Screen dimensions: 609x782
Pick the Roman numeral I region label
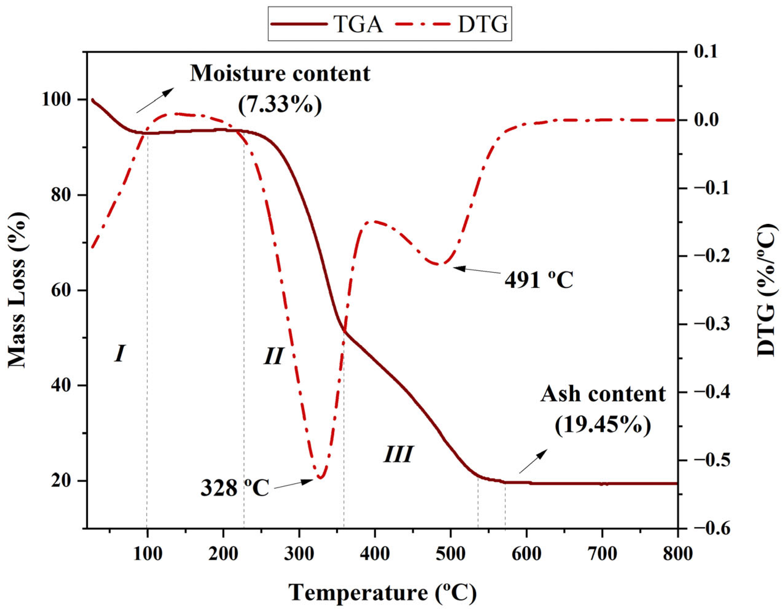click(120, 354)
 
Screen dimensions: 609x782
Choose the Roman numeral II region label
click(274, 356)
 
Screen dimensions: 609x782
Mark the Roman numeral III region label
click(398, 455)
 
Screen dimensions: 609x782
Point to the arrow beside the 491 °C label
click(476, 270)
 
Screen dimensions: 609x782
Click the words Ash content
click(603, 394)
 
